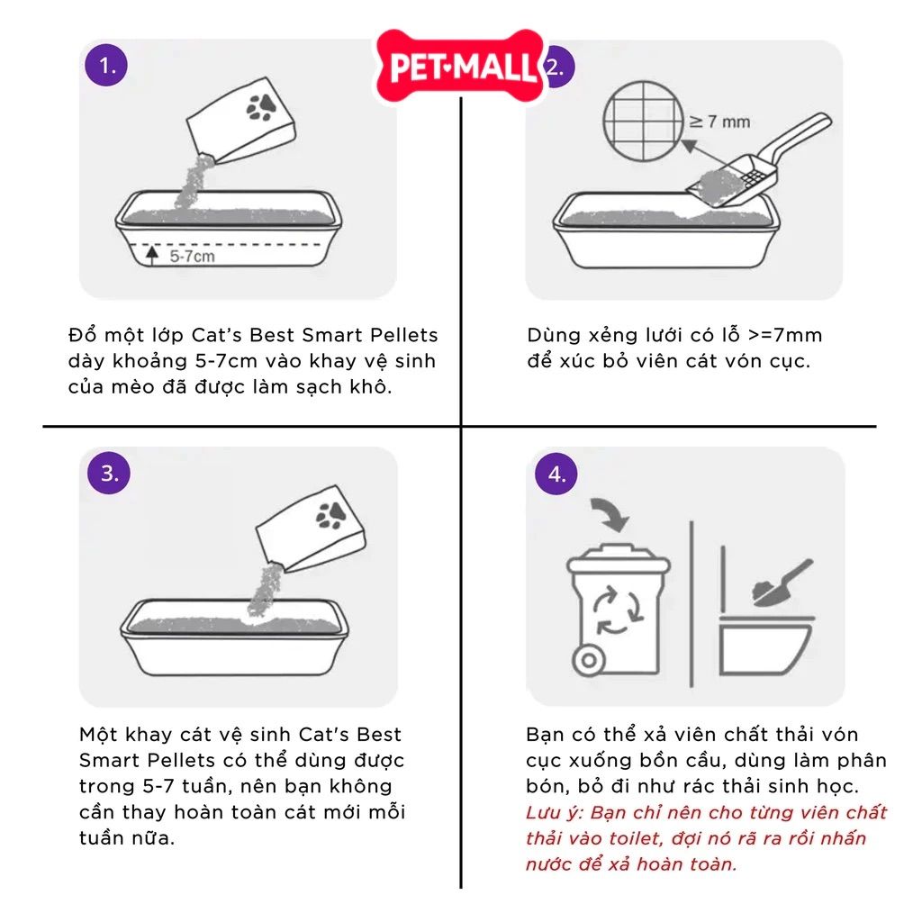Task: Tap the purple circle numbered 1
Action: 106,65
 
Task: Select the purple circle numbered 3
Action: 109,473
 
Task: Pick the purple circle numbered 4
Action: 556,474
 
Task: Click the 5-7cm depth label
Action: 193,257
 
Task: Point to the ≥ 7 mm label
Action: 719,122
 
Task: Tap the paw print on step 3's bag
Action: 331,515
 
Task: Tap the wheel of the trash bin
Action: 589,660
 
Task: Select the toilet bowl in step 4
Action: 765,645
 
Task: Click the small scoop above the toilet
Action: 782,583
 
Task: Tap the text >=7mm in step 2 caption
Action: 785,335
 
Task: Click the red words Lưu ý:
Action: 555,813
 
